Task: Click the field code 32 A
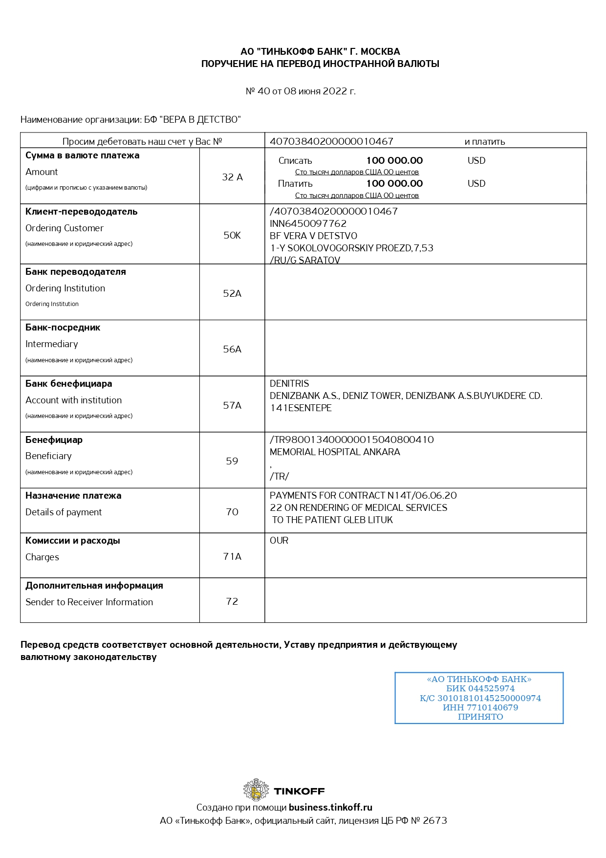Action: [232, 177]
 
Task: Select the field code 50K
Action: [232, 235]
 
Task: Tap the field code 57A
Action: [232, 405]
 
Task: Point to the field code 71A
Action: [232, 556]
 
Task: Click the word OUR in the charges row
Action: [279, 540]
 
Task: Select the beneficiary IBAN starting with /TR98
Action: [351, 440]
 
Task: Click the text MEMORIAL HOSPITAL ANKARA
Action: [335, 452]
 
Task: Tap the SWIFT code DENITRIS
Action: [289, 383]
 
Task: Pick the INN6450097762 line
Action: [308, 223]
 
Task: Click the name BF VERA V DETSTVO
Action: [313, 236]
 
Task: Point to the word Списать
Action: [295, 160]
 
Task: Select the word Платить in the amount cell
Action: [295, 183]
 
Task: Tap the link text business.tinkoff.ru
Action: [330, 807]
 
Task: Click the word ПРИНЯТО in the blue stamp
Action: [480, 717]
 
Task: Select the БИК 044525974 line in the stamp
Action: [480, 688]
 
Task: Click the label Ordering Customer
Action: [65, 228]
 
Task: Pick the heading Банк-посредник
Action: [63, 328]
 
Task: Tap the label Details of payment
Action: [64, 512]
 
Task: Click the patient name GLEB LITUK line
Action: [332, 520]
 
